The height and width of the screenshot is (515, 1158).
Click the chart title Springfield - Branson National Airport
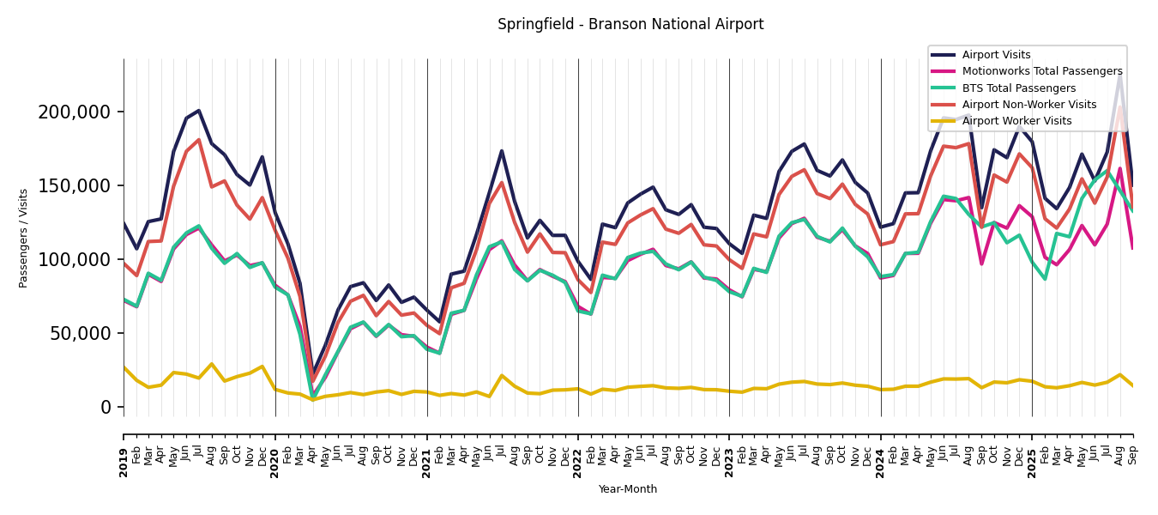pos(630,25)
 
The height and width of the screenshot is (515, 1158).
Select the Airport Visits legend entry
pos(996,55)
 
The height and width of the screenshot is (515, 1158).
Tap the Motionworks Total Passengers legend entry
pos(1041,71)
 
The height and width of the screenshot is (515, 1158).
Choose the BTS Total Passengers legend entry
pos(1018,88)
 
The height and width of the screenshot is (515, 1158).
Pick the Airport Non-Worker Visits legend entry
pos(1028,105)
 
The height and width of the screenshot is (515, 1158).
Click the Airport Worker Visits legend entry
pos(1016,121)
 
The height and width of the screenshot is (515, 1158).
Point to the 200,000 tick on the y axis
pos(75,112)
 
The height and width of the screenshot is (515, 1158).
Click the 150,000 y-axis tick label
pos(75,186)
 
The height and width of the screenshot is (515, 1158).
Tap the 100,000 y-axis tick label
pos(75,260)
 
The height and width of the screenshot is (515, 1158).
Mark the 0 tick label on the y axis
pos(106,408)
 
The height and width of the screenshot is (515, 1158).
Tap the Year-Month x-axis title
pos(628,489)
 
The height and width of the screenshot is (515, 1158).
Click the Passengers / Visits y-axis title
pos(24,238)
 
